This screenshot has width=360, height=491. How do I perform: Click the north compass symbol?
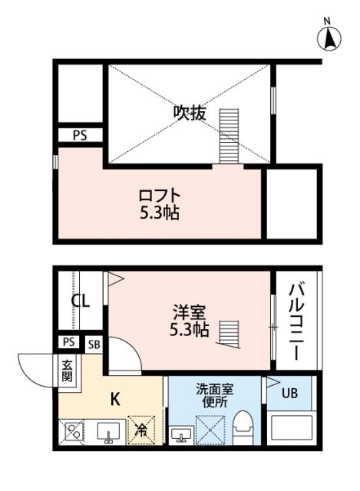point(329,37)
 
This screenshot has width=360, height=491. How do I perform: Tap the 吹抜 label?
point(189,113)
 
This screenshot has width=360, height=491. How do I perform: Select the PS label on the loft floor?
point(80,135)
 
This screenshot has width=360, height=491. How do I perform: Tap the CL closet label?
point(81,301)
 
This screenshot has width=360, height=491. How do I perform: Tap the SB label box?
point(94,344)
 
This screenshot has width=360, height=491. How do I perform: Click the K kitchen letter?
point(115,398)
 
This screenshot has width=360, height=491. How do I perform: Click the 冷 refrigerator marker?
point(140,433)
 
